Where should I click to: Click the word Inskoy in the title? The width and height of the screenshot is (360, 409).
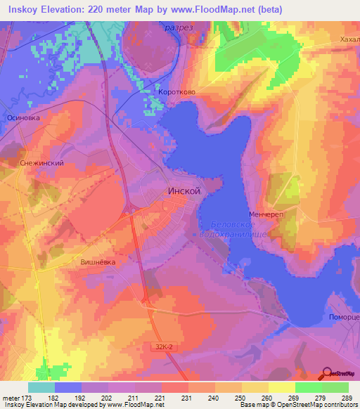coord(21,9)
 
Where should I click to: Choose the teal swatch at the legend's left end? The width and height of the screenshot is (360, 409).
coord(41,387)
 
